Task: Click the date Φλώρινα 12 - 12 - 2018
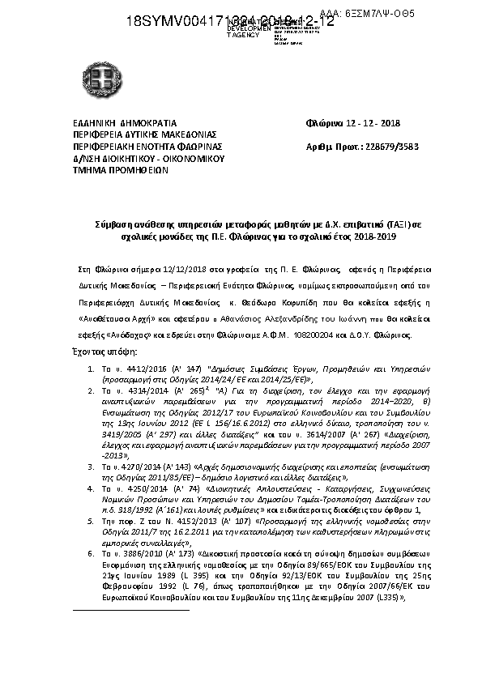[x=352, y=124]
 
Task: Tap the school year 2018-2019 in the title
[x=373, y=237]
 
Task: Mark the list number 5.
[x=92, y=522]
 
